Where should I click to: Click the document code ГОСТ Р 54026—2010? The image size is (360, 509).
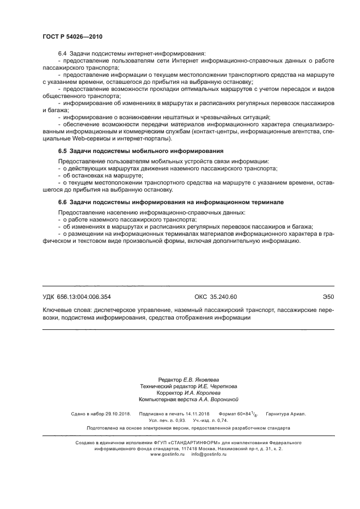coord(72,36)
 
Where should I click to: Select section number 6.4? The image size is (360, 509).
coord(62,53)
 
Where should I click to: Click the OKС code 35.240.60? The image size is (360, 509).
coord(216,297)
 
